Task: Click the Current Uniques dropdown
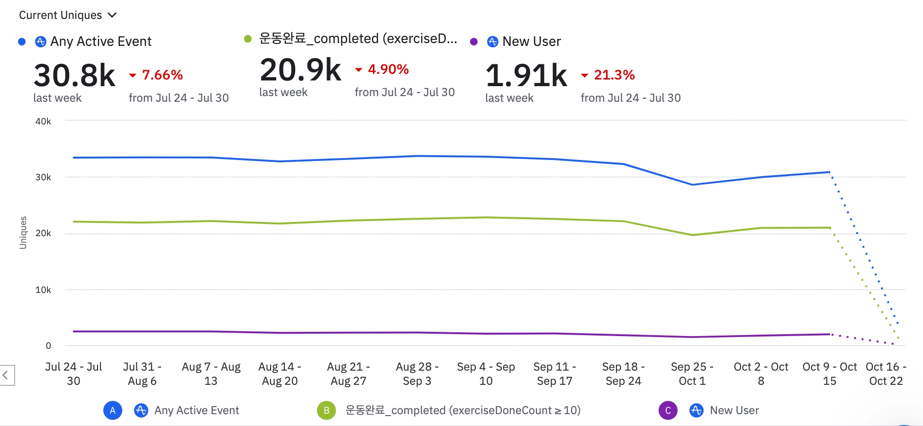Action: (x=67, y=15)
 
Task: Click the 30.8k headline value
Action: (x=74, y=76)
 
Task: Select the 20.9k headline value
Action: (x=300, y=70)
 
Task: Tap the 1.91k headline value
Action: (x=526, y=76)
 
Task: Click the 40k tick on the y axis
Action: (x=43, y=121)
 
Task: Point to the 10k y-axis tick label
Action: (x=43, y=290)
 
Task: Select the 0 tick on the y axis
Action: (x=48, y=346)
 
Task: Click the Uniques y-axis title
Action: (x=23, y=232)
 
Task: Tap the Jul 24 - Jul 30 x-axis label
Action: (x=73, y=373)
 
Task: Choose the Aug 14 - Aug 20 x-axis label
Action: (x=280, y=373)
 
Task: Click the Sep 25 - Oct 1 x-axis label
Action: (x=692, y=373)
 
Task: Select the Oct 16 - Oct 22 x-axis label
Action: (x=886, y=373)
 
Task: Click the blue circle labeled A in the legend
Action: (x=113, y=410)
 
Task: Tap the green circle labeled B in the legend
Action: (x=326, y=410)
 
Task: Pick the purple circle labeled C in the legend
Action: (x=668, y=410)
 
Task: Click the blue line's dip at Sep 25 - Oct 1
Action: (x=692, y=185)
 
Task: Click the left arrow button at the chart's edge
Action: (x=6, y=375)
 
